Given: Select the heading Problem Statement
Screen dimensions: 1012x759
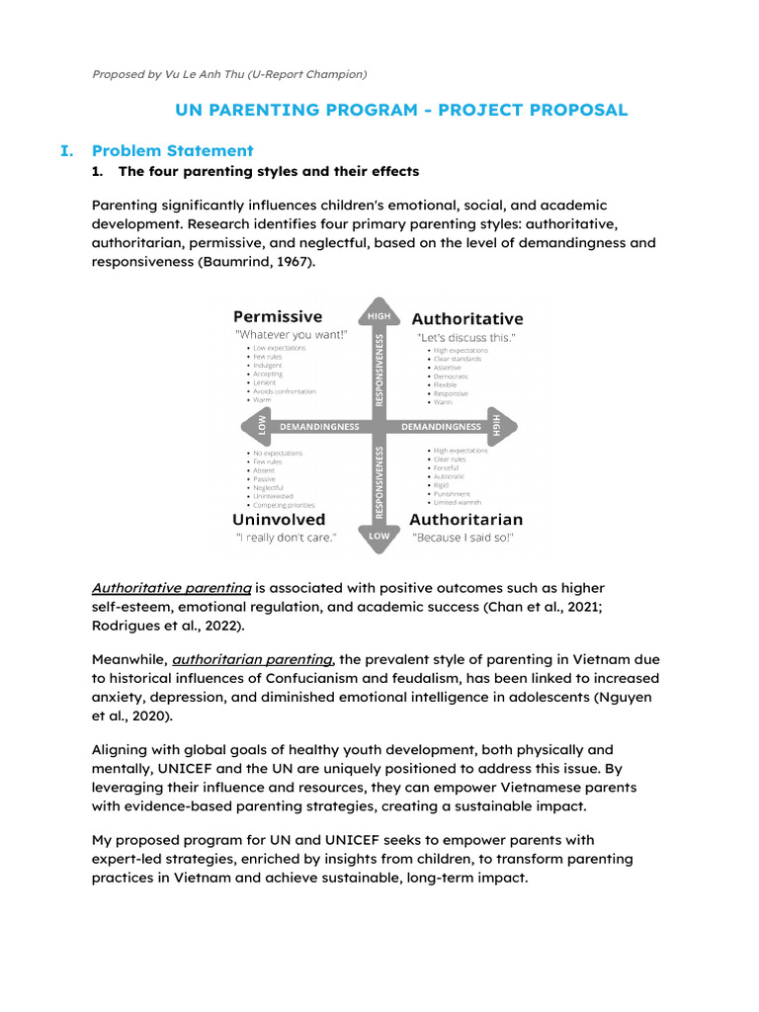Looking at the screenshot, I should point(172,150).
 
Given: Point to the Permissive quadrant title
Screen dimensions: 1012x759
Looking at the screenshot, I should point(278,317).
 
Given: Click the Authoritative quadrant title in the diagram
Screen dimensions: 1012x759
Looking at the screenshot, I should point(467,319).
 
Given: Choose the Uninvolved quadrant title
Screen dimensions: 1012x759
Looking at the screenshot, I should point(279,519).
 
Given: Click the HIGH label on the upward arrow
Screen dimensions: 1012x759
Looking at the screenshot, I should point(379,315).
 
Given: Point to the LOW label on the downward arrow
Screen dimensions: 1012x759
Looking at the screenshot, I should point(379,536).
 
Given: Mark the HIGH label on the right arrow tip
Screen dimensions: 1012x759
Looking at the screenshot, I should point(497,425).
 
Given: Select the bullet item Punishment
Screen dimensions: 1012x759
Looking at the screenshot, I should point(453,494).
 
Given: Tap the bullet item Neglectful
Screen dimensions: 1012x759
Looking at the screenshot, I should point(270,487).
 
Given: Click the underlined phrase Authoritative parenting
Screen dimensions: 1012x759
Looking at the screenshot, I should point(172,588).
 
